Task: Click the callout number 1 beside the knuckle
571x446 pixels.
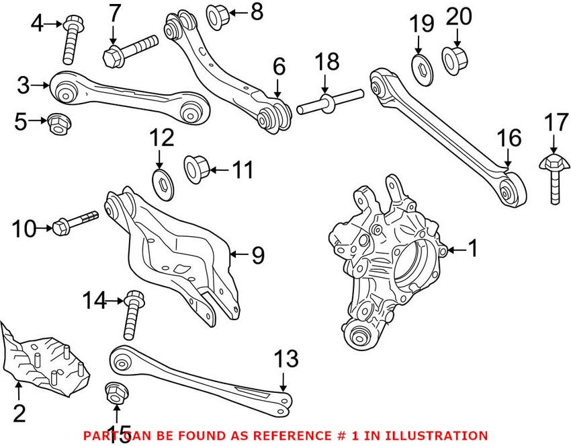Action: (x=472, y=250)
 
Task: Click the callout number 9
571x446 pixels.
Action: (x=258, y=256)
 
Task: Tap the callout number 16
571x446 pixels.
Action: (x=509, y=139)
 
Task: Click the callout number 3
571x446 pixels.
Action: (x=24, y=85)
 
